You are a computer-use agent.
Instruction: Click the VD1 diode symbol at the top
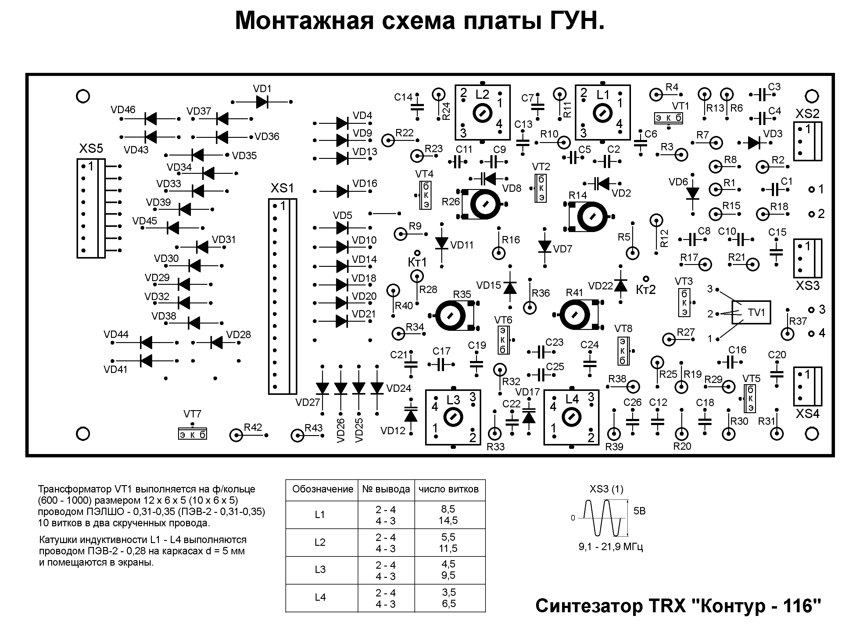click(x=262, y=102)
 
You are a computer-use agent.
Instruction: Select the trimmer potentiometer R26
click(x=485, y=204)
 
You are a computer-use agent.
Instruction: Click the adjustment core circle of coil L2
click(x=482, y=113)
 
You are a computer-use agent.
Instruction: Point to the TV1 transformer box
click(x=750, y=312)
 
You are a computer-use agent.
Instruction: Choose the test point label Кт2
click(x=646, y=290)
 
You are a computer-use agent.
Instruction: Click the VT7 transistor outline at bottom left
click(x=192, y=434)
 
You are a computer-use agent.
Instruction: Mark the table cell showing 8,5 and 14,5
click(x=448, y=515)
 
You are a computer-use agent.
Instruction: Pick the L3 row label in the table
click(x=320, y=569)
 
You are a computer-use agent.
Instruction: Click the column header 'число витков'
click(x=448, y=489)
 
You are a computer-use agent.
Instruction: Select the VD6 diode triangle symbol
click(x=692, y=194)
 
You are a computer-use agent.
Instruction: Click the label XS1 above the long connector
click(x=282, y=188)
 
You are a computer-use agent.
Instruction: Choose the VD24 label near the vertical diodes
click(x=399, y=388)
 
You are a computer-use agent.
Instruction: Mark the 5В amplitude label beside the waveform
click(x=639, y=511)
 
